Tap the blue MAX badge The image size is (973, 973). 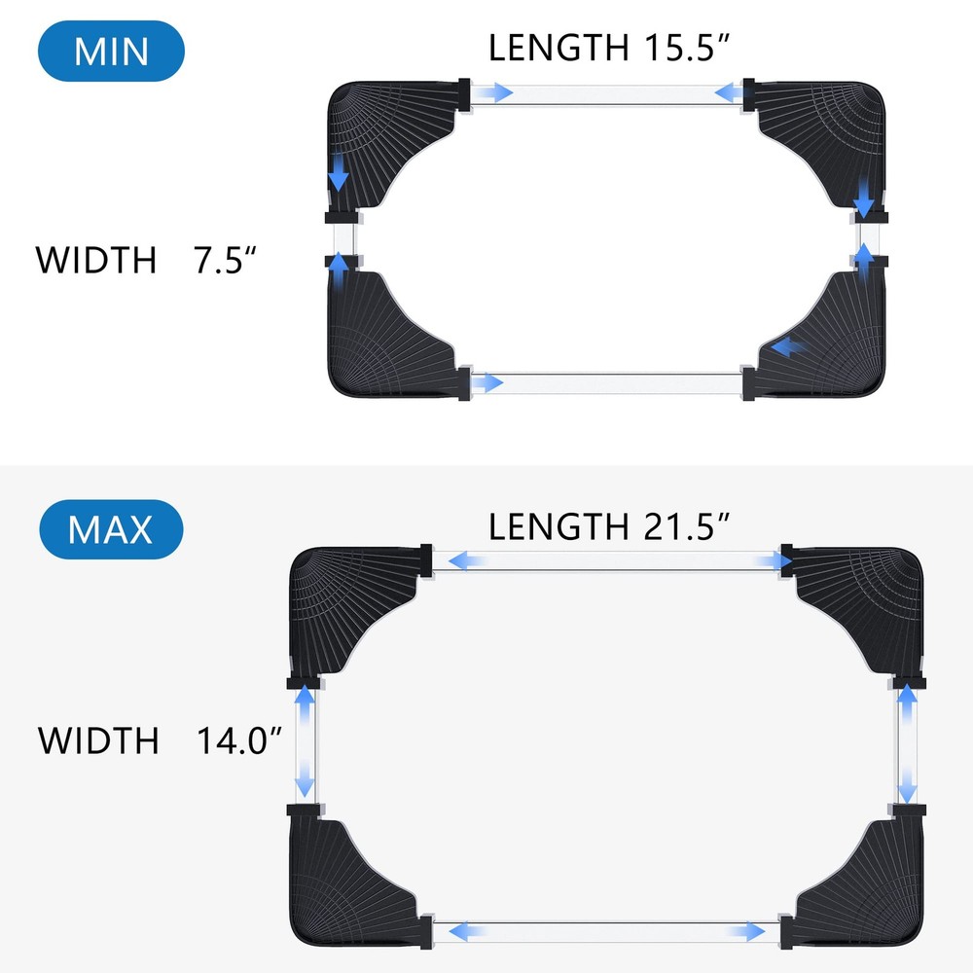point(111,530)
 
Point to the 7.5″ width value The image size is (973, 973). point(225,261)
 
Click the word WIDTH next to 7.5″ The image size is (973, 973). point(95,261)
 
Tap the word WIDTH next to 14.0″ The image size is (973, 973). point(97,740)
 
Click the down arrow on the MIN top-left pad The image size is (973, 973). point(338,176)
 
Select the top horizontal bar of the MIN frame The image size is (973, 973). point(607,93)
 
